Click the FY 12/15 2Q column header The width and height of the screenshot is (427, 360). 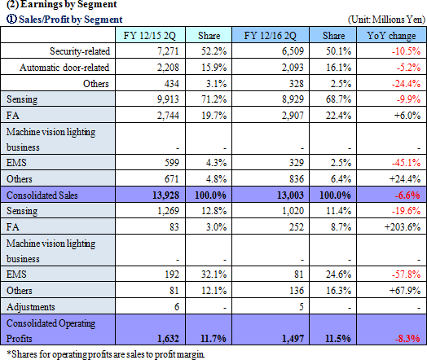click(149, 36)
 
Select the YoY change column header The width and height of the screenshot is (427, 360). click(391, 36)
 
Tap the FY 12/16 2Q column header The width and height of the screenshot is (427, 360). click(270, 36)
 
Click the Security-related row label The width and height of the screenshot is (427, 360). click(80, 51)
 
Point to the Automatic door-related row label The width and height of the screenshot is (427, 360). click(64, 68)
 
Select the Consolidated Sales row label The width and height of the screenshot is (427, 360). click(42, 195)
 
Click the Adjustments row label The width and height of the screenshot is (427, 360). click(30, 307)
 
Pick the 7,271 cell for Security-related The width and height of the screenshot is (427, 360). click(168, 51)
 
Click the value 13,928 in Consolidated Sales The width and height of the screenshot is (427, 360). click(165, 195)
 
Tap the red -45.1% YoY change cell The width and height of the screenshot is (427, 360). click(406, 163)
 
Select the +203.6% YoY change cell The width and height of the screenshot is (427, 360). click(403, 227)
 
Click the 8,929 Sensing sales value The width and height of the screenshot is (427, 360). click(293, 99)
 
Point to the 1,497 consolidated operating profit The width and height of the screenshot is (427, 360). click(293, 339)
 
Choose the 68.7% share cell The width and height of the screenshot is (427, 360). click(338, 99)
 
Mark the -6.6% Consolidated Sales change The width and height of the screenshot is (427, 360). click(407, 195)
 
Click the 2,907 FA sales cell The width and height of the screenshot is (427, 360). click(293, 116)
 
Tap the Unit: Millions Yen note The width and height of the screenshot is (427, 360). click(386, 20)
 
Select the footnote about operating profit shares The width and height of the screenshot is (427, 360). click(105, 354)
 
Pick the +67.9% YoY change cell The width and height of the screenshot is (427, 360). click(405, 291)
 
